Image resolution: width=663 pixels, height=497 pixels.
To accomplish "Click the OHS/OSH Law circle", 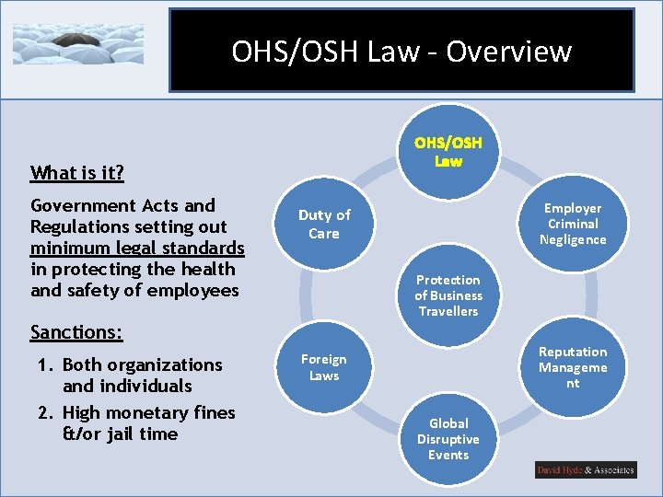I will point(448,151).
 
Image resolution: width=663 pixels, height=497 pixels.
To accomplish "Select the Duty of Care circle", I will point(324,224).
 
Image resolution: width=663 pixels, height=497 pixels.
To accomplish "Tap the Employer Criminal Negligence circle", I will point(573,224).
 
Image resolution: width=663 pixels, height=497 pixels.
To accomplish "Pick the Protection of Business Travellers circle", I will point(448,295).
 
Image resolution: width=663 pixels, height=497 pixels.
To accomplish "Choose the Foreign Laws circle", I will point(324,367).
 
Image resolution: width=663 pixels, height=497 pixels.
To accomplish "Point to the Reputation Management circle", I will point(573,367).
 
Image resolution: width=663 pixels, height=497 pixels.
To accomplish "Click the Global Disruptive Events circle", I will point(448,439).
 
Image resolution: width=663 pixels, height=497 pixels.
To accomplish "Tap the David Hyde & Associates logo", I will point(586,470).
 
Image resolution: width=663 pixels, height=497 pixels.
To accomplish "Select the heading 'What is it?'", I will point(77,172).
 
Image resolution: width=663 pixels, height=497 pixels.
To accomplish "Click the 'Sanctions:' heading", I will point(76,331).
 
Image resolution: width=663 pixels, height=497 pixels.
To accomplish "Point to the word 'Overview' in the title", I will point(509,52).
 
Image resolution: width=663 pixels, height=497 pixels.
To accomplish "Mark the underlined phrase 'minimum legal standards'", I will point(137,248).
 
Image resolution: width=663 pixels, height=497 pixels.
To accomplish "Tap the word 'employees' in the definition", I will point(195,290).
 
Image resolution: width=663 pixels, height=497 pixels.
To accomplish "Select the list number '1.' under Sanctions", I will point(47,364).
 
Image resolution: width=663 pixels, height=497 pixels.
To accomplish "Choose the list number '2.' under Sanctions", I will point(47,412).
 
